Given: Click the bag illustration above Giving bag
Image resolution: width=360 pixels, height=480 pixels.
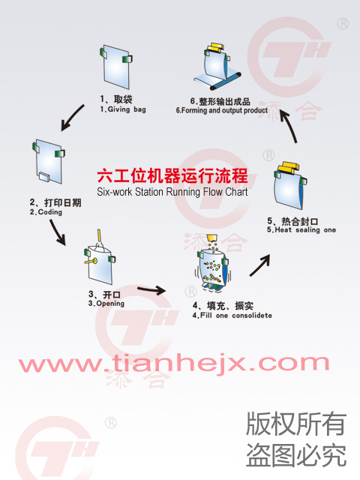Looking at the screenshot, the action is (115, 67).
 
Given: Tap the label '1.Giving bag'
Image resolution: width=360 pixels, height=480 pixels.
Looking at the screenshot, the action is (123, 109).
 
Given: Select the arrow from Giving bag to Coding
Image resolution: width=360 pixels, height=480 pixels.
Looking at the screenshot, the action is (72, 118).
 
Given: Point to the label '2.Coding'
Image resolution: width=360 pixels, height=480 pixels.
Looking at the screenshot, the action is (46, 211).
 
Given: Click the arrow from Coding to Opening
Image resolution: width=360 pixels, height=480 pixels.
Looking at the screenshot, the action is (58, 232).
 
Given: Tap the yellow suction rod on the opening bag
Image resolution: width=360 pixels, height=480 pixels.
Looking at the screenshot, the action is (91, 261).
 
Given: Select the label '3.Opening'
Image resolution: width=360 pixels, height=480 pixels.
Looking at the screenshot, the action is (106, 303).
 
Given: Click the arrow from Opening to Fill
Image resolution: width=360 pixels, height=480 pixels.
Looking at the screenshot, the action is (151, 289).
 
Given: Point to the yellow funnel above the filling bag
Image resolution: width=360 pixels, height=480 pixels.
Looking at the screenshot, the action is (211, 238).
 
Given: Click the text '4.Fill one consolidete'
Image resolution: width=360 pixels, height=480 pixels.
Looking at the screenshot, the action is (232, 315).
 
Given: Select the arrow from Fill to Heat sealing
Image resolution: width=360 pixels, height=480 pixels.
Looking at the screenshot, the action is (260, 265).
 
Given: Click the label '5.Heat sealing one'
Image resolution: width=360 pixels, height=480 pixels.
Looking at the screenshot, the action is (301, 230).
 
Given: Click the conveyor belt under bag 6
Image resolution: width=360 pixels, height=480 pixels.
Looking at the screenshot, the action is (217, 81).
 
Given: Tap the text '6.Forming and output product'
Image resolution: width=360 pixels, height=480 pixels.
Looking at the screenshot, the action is (222, 110).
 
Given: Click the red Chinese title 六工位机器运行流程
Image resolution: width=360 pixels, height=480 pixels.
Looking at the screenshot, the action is (172, 176).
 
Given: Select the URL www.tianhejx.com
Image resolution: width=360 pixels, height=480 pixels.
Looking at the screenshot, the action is (174, 363).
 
